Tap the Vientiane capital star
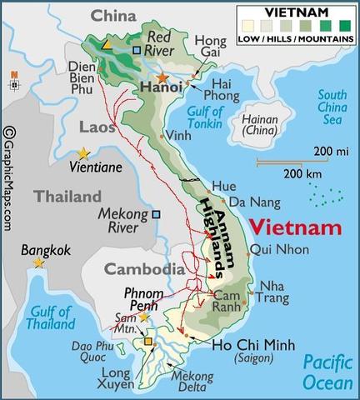[x=83, y=153]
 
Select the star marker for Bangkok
[x=38, y=262]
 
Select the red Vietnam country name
[x=296, y=227]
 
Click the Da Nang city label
[x=249, y=202]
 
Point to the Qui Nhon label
[x=272, y=249]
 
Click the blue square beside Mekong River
[x=156, y=214]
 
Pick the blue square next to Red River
[x=137, y=50]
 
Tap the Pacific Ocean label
[x=327, y=371]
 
